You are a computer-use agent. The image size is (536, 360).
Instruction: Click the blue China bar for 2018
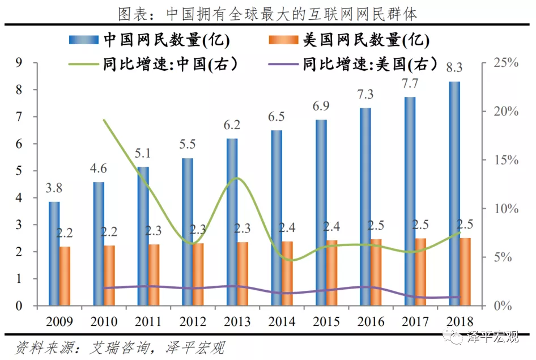pos(454,193)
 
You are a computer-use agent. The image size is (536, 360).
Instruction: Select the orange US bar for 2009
pos(65,276)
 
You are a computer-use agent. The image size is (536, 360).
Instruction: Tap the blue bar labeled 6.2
pos(232,222)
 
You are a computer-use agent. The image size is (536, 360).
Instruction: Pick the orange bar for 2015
pos(331,273)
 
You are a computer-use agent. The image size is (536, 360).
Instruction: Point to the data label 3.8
pos(54,189)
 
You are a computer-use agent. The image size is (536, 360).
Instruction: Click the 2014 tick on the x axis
pos(282,322)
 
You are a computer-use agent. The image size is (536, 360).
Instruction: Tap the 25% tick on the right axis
pos(506,62)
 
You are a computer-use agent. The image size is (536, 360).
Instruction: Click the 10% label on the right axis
pos(506,209)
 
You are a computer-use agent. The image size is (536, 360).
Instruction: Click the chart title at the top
pos(267,12)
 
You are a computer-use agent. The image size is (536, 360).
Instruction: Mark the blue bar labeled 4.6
pos(99,244)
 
